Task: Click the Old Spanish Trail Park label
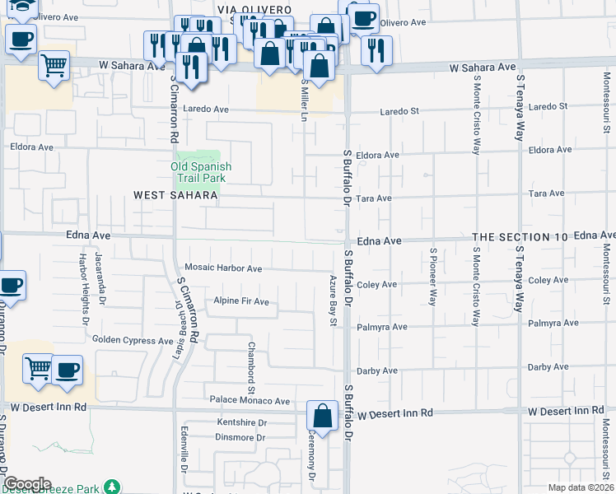(x=201, y=172)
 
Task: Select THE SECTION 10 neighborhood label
(x=520, y=237)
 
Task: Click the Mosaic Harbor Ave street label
(x=223, y=268)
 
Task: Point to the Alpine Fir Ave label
(x=241, y=301)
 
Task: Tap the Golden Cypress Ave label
(x=133, y=340)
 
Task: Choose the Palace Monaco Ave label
(x=250, y=401)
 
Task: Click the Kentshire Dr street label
(x=240, y=422)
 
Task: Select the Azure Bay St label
(x=334, y=301)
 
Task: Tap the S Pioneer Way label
(x=433, y=276)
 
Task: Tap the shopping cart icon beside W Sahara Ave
(x=54, y=65)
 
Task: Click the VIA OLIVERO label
(x=254, y=9)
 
